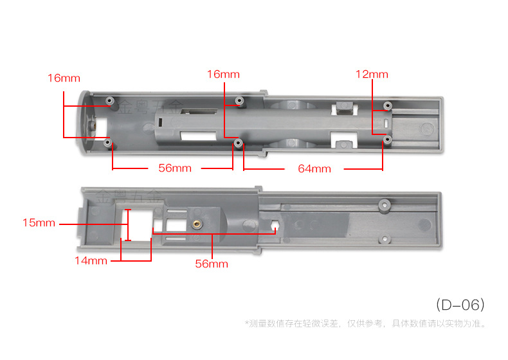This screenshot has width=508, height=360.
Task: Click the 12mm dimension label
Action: tap(372, 75)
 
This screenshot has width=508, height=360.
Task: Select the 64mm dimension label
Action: tap(314, 169)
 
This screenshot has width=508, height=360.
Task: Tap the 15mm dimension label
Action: tap(39, 223)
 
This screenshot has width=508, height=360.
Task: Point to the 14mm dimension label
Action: tap(91, 260)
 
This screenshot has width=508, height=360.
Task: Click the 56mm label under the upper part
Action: tap(175, 168)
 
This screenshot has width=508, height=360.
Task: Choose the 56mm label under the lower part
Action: tap(212, 264)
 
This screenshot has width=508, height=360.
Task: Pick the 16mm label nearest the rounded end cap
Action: tap(64, 78)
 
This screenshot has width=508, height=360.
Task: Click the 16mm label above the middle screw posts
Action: tap(223, 75)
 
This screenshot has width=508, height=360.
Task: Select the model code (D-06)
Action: tap(460, 303)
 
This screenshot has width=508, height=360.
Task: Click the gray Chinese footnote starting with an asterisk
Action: tap(365, 323)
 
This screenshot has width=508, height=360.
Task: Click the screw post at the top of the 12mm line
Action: tap(387, 105)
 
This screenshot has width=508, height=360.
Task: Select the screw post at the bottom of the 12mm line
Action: tap(386, 139)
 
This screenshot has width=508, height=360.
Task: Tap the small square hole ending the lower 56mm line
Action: tap(275, 226)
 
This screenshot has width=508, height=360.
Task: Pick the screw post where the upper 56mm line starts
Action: tap(109, 141)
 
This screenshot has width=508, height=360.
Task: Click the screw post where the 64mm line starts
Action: tap(239, 142)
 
